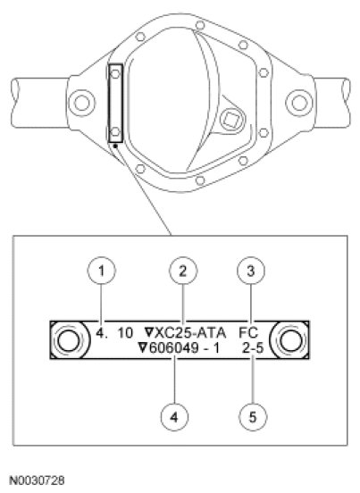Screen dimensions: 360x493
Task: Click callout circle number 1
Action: (x=101, y=271)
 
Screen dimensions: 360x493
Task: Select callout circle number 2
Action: (x=183, y=271)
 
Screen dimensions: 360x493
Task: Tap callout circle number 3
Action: (x=251, y=271)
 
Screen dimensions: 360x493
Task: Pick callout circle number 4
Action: (x=174, y=417)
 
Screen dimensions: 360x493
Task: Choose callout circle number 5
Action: (x=253, y=417)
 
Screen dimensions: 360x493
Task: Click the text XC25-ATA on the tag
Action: (x=190, y=332)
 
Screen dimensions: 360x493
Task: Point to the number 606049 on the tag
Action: (x=173, y=348)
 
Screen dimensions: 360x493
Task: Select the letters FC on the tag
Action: (x=248, y=332)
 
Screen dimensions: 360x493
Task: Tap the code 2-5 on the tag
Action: (x=253, y=348)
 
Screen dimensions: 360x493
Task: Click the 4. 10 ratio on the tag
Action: (x=114, y=332)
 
